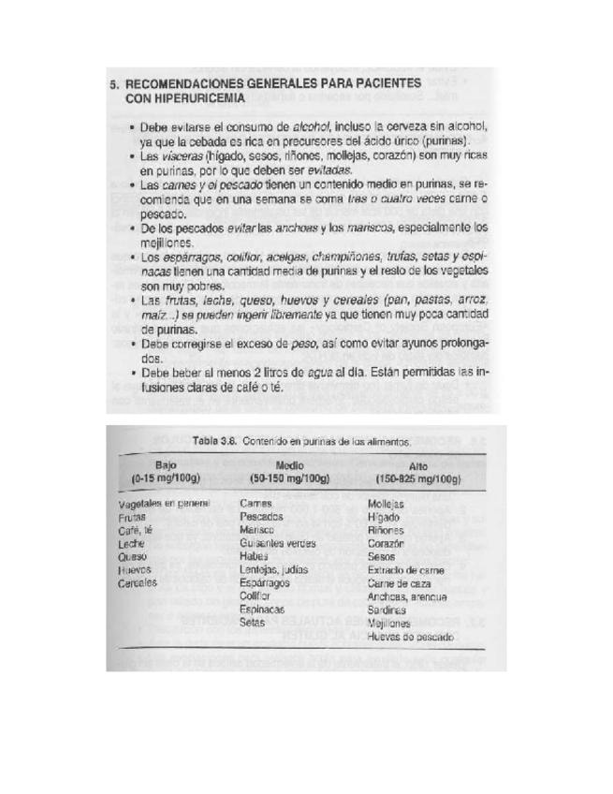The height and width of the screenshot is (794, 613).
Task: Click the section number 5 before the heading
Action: point(113,81)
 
